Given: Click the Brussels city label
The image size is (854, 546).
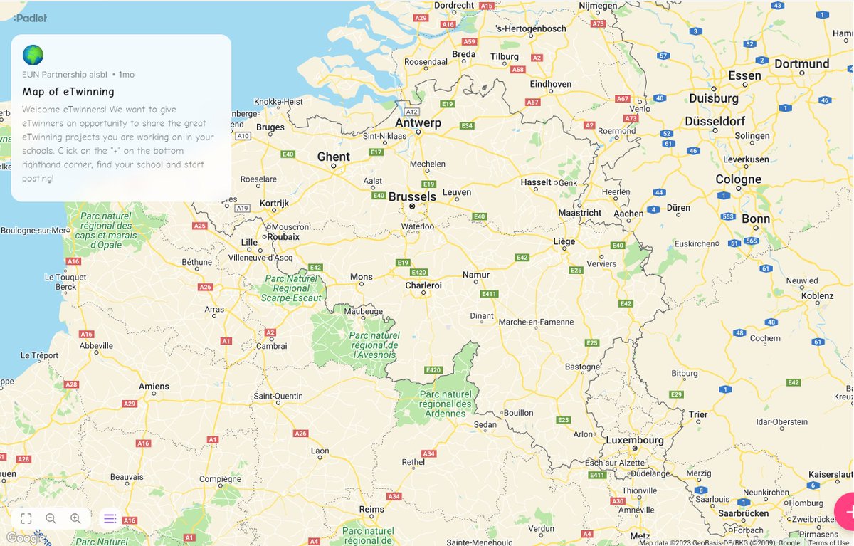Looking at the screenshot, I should pyautogui.click(x=413, y=196).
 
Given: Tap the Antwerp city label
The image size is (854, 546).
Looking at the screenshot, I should pyautogui.click(x=418, y=122).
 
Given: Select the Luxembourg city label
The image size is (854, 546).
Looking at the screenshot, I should pyautogui.click(x=635, y=440).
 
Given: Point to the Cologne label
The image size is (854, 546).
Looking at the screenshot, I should pyautogui.click(x=738, y=179).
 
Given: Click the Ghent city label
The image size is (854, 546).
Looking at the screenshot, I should pyautogui.click(x=333, y=157).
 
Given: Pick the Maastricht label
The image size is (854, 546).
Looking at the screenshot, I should pyautogui.click(x=579, y=212).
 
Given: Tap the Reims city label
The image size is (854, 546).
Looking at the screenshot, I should pyautogui.click(x=371, y=509).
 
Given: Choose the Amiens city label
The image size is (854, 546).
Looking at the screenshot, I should pyautogui.click(x=154, y=387).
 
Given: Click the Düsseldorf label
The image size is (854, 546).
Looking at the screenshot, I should pyautogui.click(x=715, y=121).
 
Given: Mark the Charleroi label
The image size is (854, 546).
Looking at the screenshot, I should pyautogui.click(x=423, y=285).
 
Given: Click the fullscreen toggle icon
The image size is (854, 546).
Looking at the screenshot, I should pyautogui.click(x=26, y=518).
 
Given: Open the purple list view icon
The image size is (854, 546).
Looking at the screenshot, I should pyautogui.click(x=110, y=518).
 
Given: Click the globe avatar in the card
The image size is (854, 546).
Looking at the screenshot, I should pyautogui.click(x=33, y=55).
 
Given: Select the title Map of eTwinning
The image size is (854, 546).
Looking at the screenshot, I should pyautogui.click(x=68, y=91).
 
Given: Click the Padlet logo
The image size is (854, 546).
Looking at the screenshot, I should pyautogui.click(x=30, y=18).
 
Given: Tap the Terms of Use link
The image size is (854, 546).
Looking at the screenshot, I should pyautogui.click(x=828, y=542).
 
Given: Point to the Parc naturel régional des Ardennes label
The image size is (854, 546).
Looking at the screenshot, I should pyautogui.click(x=446, y=404).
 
